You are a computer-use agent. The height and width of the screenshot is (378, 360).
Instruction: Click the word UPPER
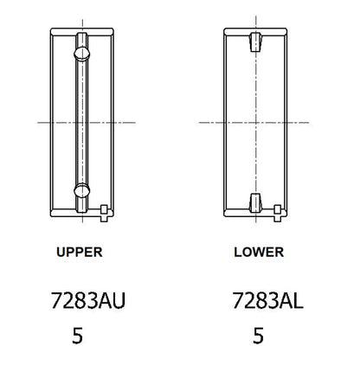coord(79,253)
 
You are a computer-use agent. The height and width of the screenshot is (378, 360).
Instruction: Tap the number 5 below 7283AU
coord(78,337)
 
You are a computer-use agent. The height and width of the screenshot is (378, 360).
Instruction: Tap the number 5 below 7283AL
coord(257,337)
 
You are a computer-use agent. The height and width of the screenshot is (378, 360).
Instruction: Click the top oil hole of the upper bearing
coord(81,54)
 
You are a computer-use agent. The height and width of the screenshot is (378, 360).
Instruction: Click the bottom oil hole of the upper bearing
coord(81,190)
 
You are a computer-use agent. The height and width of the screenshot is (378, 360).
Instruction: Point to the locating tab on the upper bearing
coord(105,209)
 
